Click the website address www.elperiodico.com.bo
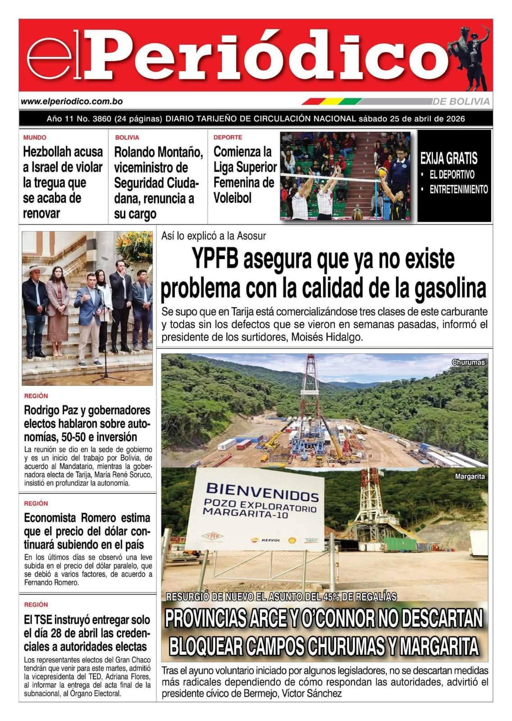click(x=72, y=102)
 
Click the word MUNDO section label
click(x=35, y=137)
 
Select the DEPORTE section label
click(x=228, y=137)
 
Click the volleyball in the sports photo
click(x=382, y=172)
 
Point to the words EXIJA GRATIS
click(x=448, y=159)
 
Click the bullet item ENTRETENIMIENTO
click(x=458, y=189)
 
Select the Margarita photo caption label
click(x=470, y=476)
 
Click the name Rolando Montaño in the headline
click(x=158, y=152)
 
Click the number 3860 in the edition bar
click(x=102, y=119)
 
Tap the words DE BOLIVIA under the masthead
click(x=461, y=102)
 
